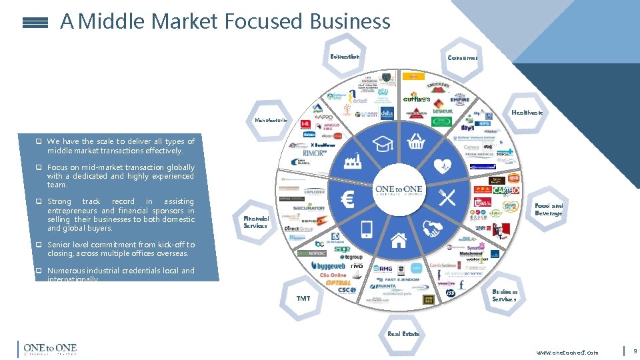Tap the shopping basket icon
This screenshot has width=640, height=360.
click(416, 141)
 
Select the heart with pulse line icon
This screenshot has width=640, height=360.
click(443, 165)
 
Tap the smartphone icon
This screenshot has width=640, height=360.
click(366, 229)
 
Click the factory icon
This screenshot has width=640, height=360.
click(351, 163)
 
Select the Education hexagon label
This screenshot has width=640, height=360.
click(345, 57)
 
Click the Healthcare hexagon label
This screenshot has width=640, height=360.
click(527, 113)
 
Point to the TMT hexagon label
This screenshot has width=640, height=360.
click(303, 298)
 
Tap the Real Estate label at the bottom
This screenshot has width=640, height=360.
click(403, 333)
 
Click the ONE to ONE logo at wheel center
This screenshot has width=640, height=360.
click(399, 191)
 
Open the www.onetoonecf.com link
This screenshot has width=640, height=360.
click(567, 352)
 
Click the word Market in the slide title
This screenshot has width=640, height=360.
click(185, 21)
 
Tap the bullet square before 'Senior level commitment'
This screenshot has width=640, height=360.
click(39, 245)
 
